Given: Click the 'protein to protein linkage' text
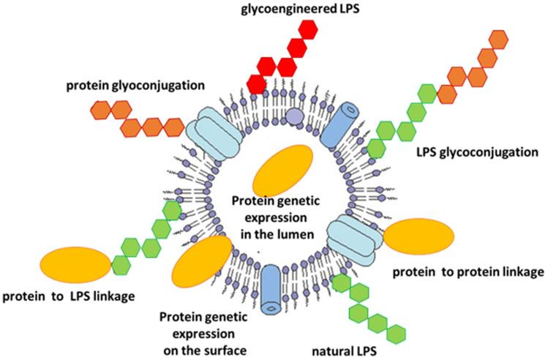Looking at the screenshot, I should pos(468,272).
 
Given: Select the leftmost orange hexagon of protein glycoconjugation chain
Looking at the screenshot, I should pos(103,110).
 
